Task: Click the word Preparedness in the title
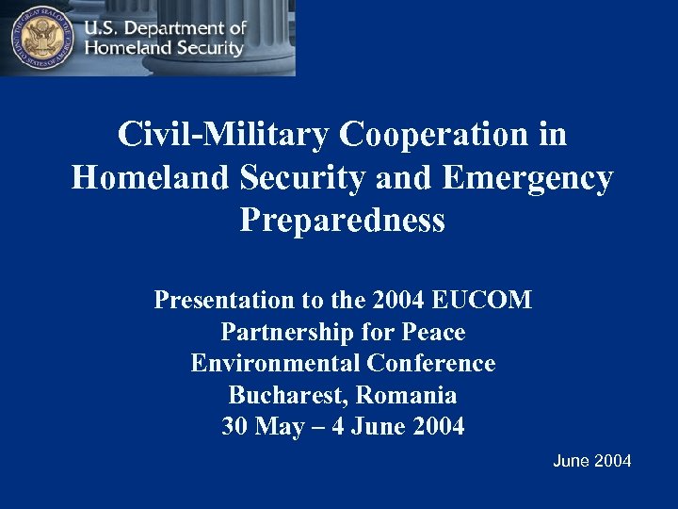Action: pos(342,220)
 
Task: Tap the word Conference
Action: pos(431,363)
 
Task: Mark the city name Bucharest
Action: pos(287,395)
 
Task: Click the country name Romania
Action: pos(407,395)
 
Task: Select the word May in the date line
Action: pos(279,426)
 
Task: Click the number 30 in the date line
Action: pos(234,426)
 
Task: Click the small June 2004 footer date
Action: pos(591,461)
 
